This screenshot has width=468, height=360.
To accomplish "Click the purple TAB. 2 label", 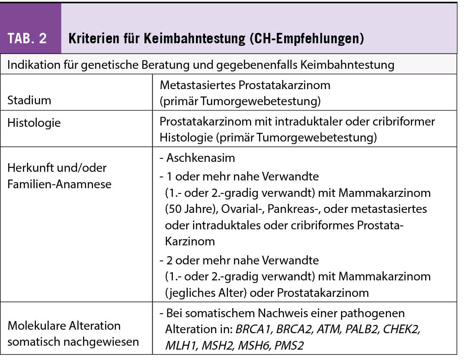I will click(x=27, y=39).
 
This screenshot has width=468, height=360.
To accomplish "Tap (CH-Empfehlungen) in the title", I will click(x=306, y=39).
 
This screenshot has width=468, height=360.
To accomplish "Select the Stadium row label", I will click(x=29, y=100).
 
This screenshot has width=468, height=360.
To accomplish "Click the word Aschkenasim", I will click(x=200, y=157).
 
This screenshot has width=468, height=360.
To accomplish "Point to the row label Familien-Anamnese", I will click(x=59, y=184).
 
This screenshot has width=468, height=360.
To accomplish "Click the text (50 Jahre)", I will click(x=191, y=209).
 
